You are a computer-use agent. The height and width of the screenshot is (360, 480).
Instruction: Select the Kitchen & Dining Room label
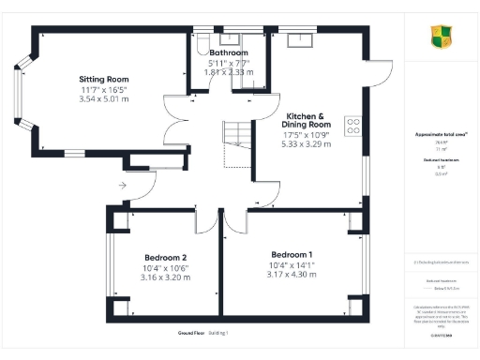pos(307,119)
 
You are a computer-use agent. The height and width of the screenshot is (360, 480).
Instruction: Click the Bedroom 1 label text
pos(292,255)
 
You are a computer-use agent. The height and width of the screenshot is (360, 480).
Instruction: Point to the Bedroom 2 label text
pos(165,258)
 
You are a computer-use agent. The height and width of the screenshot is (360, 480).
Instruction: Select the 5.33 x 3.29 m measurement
pos(307,145)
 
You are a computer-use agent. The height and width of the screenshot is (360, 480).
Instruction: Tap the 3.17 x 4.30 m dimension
pos(292,275)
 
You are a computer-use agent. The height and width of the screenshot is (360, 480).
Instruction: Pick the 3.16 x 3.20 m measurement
pos(165,277)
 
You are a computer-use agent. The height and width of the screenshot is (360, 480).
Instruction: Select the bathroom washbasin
pos(229,38)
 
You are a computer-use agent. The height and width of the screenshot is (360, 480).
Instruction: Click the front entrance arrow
pos(122,186)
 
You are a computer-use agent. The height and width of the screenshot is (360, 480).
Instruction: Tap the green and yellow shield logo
pos(442,37)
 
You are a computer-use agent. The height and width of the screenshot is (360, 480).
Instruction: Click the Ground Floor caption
pos(191,333)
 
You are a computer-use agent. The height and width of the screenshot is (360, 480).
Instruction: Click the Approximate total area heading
pos(442,134)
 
